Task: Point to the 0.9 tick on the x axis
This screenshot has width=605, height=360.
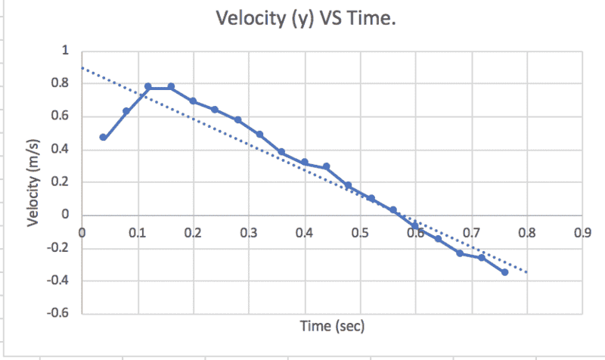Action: (582, 232)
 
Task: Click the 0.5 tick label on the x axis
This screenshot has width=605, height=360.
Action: (360, 232)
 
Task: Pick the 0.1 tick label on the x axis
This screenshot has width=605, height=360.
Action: (137, 232)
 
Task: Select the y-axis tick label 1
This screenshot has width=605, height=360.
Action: (65, 51)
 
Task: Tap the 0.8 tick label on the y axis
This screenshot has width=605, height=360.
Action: (60, 84)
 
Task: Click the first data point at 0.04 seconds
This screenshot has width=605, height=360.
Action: (104, 137)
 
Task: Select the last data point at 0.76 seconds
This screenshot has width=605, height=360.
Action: (504, 272)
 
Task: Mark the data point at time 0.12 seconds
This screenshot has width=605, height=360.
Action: (148, 87)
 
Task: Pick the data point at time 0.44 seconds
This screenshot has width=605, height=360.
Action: (326, 166)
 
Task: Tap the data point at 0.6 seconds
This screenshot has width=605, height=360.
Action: (415, 225)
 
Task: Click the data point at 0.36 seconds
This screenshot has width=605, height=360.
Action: (281, 152)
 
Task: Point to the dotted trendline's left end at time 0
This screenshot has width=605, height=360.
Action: (82, 68)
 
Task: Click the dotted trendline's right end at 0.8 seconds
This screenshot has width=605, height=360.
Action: (526, 272)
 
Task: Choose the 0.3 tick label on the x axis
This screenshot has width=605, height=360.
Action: (249, 232)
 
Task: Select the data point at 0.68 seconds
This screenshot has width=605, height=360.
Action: (460, 253)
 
